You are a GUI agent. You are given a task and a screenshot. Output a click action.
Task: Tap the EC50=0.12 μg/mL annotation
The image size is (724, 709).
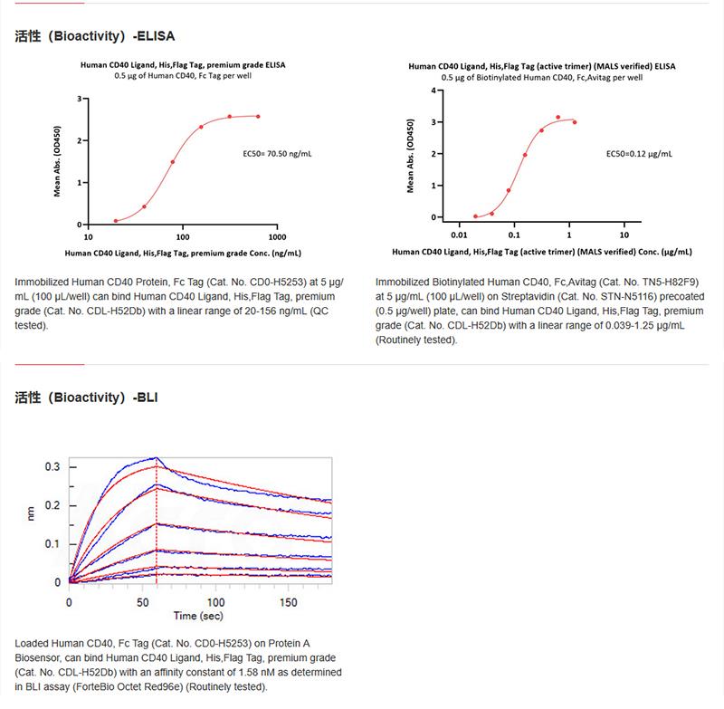638,154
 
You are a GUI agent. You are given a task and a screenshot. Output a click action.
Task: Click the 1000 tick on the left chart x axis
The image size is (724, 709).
277,235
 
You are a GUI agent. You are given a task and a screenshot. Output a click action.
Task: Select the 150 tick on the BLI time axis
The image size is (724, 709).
289,601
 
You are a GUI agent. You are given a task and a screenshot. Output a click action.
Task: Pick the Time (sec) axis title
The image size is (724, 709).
199,616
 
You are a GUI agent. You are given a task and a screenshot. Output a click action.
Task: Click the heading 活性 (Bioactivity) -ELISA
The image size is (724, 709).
95,37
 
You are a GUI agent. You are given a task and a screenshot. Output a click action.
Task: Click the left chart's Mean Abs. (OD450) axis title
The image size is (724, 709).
58,161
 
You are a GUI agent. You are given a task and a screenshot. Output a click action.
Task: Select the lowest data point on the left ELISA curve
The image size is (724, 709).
116,220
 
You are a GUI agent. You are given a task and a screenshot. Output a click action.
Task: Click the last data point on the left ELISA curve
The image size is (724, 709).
258,116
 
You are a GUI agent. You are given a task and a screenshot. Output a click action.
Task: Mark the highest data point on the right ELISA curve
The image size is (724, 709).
558,118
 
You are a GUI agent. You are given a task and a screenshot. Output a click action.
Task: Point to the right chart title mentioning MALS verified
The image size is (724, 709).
541,66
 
